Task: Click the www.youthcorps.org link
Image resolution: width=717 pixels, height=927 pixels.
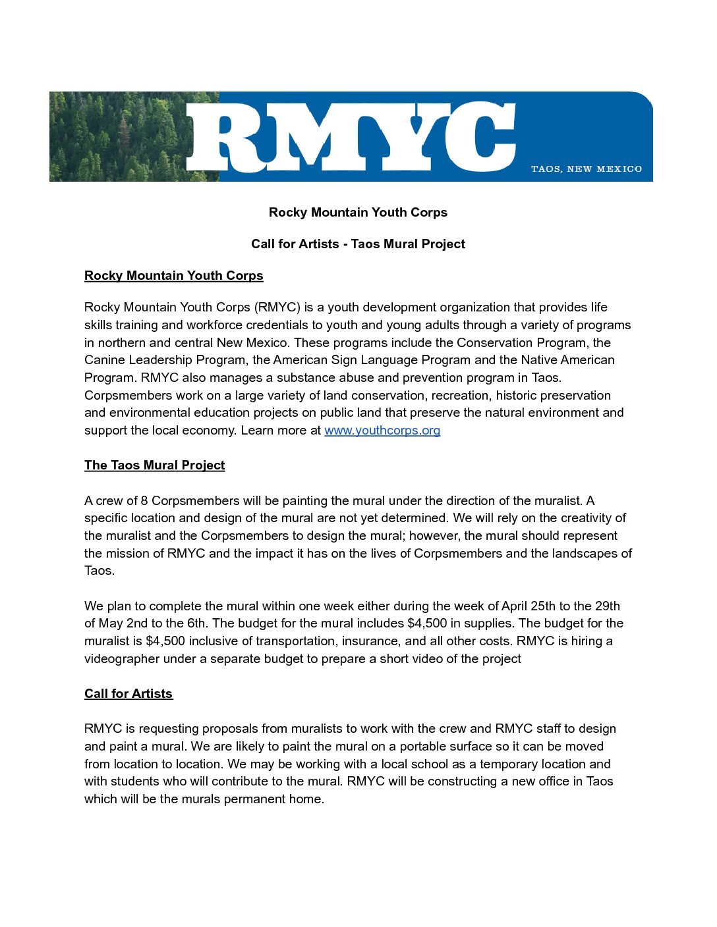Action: (382, 431)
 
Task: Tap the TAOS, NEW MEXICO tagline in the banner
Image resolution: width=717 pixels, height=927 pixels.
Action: (587, 169)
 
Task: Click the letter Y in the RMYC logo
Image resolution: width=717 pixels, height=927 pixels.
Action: (405, 137)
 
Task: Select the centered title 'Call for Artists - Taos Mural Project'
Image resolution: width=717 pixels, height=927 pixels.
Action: (358, 244)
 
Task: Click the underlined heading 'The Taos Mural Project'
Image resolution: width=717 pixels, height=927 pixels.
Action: (154, 465)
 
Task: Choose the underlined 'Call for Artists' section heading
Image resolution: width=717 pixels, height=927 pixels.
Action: (129, 694)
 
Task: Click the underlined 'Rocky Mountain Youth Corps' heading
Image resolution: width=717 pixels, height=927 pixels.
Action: (173, 276)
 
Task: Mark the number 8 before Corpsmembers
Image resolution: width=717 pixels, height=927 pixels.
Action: (144, 501)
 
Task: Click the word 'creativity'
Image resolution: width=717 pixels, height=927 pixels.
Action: (575, 518)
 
